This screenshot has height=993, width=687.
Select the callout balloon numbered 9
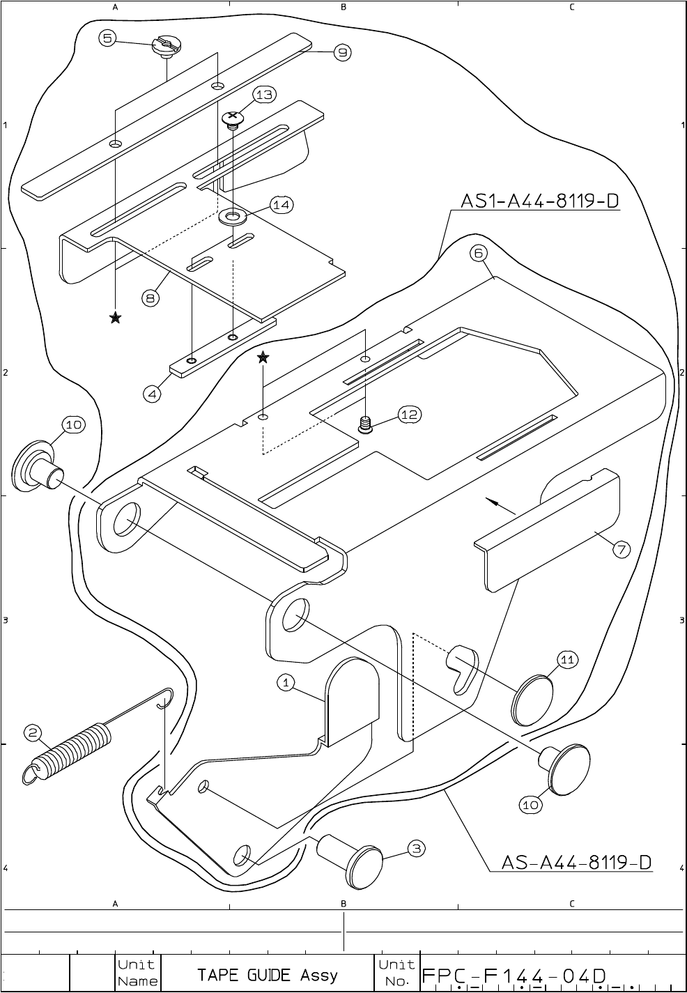[x=342, y=52]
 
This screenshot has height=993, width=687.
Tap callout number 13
[x=265, y=95]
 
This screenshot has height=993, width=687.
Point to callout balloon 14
[x=281, y=205]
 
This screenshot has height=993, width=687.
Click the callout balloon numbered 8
[x=151, y=298]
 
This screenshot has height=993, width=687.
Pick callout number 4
[x=152, y=394]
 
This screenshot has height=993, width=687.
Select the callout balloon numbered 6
[x=479, y=254]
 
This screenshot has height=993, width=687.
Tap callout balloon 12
[x=409, y=415]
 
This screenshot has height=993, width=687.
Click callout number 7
[x=622, y=549]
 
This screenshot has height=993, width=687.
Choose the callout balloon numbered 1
[x=286, y=683]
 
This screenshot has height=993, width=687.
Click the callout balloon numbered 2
[x=33, y=732]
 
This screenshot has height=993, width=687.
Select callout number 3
[x=415, y=848]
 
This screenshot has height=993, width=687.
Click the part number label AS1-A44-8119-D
[x=539, y=201]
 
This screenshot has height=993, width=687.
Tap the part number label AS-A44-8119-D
[x=577, y=863]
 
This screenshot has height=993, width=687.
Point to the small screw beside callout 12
[x=365, y=424]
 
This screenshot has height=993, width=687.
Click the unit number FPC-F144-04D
[x=514, y=976]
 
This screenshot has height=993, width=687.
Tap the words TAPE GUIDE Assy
[x=268, y=975]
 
